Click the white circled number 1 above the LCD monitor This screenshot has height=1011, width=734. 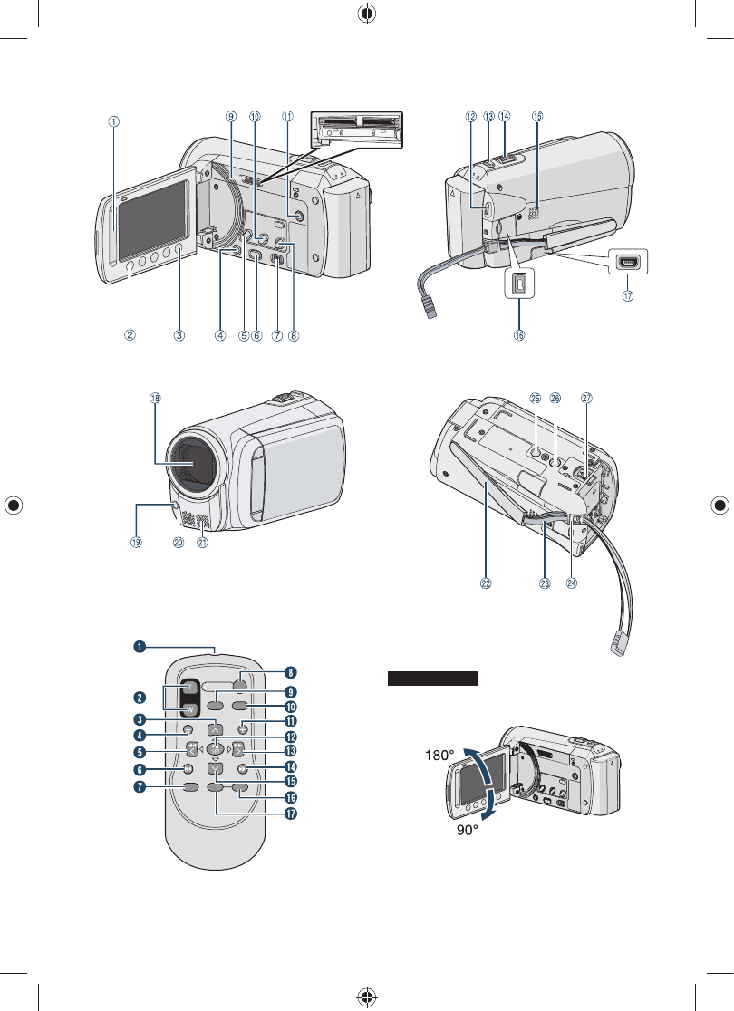[x=114, y=121]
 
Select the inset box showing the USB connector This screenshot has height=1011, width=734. [x=628, y=261]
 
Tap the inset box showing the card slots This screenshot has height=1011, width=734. [x=356, y=130]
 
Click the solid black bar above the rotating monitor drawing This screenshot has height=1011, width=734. [x=433, y=679]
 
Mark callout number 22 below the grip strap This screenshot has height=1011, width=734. [x=486, y=584]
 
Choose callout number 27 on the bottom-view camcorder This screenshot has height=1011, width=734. [x=586, y=398]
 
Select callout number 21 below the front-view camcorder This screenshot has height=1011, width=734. [x=202, y=543]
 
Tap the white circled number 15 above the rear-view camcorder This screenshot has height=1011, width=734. [x=537, y=116]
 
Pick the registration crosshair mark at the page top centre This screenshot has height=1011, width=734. [x=367, y=15]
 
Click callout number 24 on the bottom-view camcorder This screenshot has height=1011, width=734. [x=572, y=584]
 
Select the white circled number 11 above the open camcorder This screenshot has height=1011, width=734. [x=288, y=116]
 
